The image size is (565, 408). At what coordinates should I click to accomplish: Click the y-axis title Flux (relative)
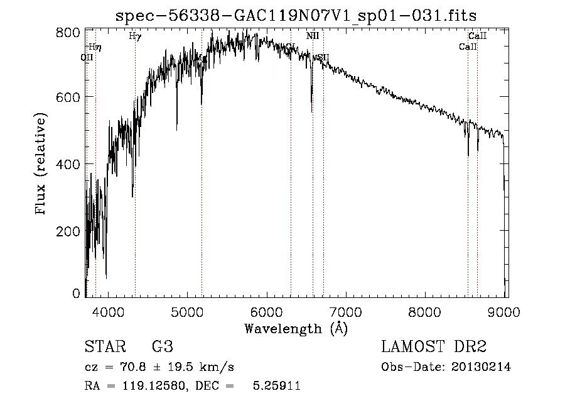pos(41,165)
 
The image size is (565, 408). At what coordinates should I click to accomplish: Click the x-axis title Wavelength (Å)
pos(296,328)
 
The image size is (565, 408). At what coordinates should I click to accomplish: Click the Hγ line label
pos(135,36)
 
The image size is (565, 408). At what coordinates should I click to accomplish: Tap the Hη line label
pos(94,47)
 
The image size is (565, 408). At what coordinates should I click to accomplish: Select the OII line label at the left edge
pos(87,57)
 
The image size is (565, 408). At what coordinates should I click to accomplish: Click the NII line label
pos(313,36)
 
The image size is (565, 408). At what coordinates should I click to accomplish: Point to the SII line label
pos(322,57)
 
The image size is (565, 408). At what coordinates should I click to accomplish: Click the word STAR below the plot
pos(104,347)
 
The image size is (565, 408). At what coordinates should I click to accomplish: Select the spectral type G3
pos(162,347)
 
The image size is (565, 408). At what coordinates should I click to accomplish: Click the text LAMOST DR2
pos(434,347)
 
